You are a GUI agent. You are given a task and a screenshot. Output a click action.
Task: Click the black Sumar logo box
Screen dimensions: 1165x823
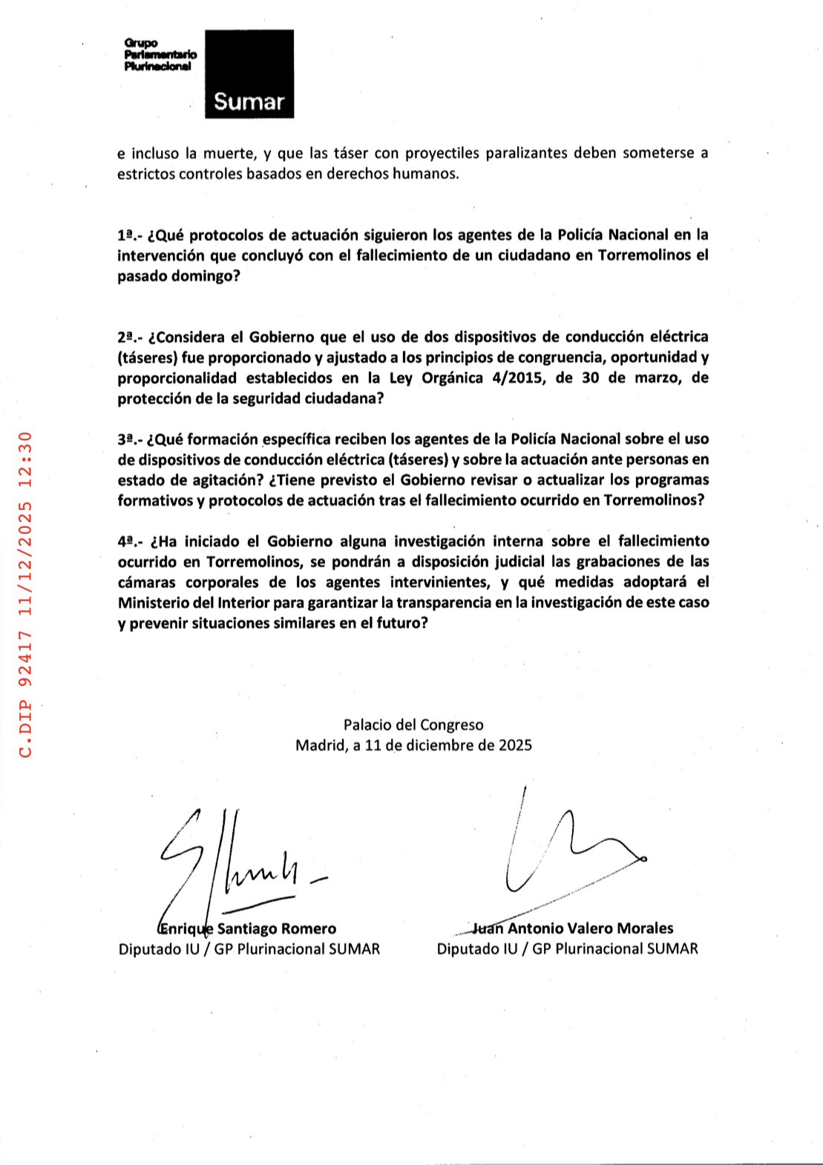[x=249, y=74]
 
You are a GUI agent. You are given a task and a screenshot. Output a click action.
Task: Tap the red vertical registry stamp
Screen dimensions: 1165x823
[x=25, y=593]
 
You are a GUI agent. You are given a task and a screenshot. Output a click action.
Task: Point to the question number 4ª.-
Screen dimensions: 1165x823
[x=131, y=541]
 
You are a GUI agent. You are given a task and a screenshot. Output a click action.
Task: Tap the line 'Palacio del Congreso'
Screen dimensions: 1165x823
[x=413, y=725]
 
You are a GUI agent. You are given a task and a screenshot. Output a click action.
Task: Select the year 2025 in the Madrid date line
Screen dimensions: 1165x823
[x=515, y=745]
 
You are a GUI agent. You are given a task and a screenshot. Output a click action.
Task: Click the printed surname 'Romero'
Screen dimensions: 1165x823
[x=309, y=928]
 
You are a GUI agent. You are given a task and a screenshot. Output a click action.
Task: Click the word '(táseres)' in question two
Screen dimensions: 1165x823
[x=146, y=357]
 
